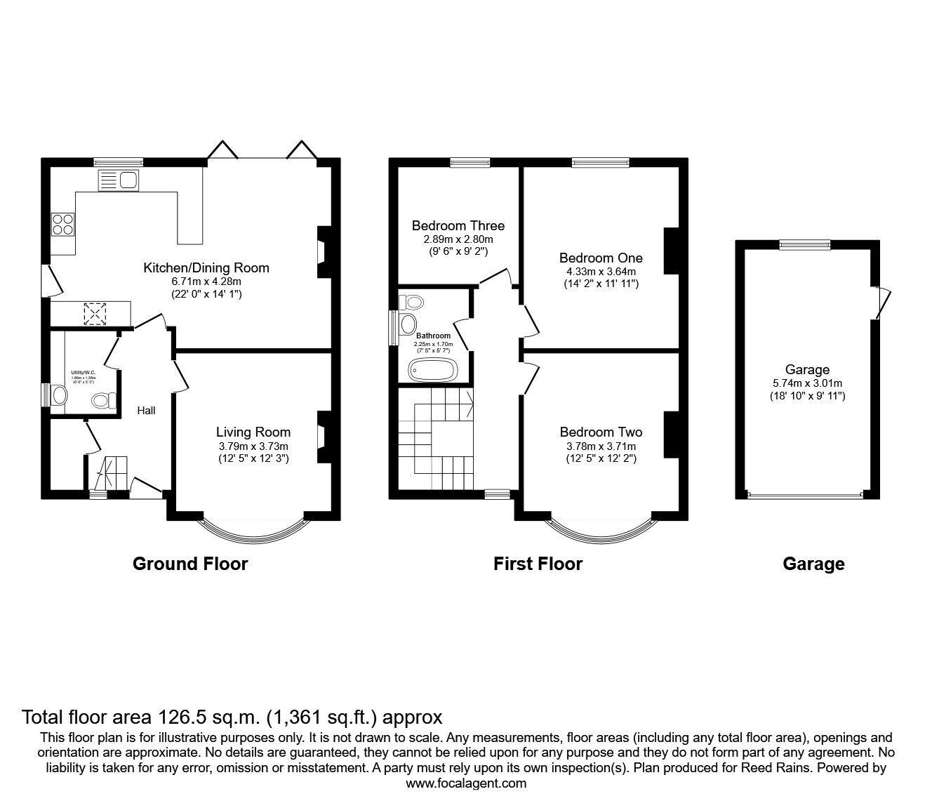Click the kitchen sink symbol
pos(118,180)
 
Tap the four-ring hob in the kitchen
pos(62,223)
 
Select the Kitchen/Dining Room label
pos(206,267)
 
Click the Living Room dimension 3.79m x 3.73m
pos(253,446)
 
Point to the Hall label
pos(146,411)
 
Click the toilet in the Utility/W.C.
pos(104,401)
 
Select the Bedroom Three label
pos(458,226)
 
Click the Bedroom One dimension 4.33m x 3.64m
pos(601,272)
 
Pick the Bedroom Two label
pos(601,432)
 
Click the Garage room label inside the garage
pos(807,370)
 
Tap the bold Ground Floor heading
pos(190,564)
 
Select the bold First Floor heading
pos(538,564)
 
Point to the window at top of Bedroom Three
pos(470,163)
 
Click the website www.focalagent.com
pos(466,783)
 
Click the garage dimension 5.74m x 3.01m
pos(807,383)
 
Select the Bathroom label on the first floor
pos(433,336)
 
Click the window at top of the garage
pos(804,245)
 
